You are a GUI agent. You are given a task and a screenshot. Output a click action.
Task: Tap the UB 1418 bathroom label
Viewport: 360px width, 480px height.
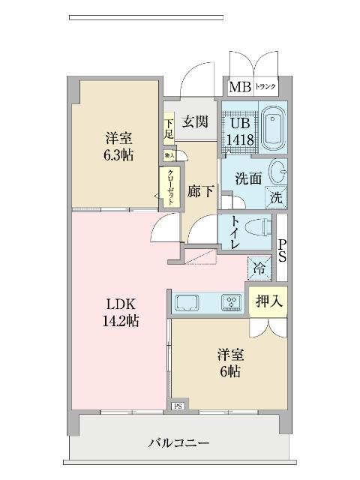[241, 131]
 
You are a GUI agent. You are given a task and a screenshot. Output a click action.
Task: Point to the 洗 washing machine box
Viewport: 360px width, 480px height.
[276, 198]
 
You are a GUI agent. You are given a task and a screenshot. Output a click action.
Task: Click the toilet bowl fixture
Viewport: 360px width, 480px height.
[256, 228]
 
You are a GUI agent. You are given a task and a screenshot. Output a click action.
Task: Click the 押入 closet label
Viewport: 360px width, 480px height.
[267, 301]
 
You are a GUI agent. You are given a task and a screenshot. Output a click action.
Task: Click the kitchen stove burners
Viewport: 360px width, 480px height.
[230, 302]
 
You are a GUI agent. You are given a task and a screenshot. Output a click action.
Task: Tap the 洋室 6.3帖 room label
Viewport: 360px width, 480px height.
[118, 145]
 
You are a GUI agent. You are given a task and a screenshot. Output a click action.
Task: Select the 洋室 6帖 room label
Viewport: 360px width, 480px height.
[230, 363]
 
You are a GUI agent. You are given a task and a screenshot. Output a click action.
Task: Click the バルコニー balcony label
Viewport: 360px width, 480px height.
[178, 442]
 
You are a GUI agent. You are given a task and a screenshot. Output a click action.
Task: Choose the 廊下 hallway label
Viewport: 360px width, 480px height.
[200, 191]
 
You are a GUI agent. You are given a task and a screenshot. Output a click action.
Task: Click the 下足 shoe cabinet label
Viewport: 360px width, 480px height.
[169, 129]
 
